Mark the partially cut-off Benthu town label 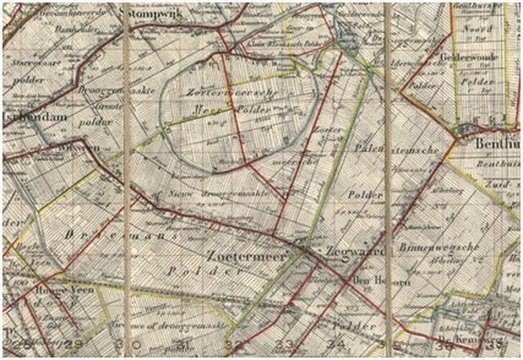click(499, 143)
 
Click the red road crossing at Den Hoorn click(345, 280)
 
